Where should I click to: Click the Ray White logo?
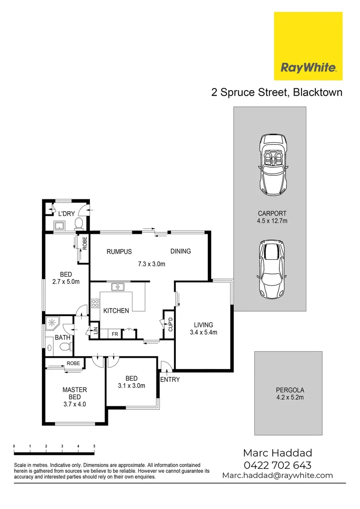(308, 46)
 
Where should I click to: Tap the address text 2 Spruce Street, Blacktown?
(277, 92)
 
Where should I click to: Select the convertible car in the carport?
(272, 165)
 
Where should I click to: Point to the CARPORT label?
(272, 213)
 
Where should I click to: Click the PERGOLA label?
(290, 390)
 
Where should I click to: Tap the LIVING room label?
(204, 325)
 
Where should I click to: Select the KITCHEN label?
(116, 311)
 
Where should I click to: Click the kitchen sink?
(117, 287)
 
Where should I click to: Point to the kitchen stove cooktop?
(95, 304)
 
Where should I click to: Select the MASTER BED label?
(75, 394)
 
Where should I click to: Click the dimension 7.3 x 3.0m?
(152, 264)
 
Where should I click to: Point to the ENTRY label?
(170, 380)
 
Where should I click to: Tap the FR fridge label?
(115, 334)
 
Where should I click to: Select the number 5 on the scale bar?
(94, 446)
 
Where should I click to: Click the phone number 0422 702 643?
(277, 465)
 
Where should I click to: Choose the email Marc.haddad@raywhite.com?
(277, 476)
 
